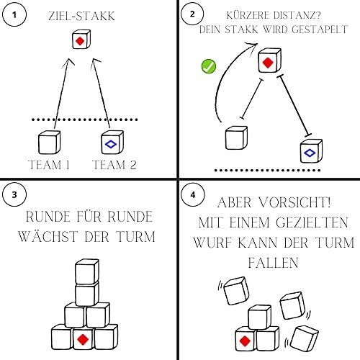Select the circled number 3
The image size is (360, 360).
click(16, 194)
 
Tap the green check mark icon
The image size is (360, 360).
click(208, 68)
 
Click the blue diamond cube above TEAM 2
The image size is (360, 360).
click(112, 143)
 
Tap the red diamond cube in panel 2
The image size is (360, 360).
click(268, 63)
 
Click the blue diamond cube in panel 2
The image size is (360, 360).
click(310, 152)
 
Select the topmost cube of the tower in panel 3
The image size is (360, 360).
click(86, 272)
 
